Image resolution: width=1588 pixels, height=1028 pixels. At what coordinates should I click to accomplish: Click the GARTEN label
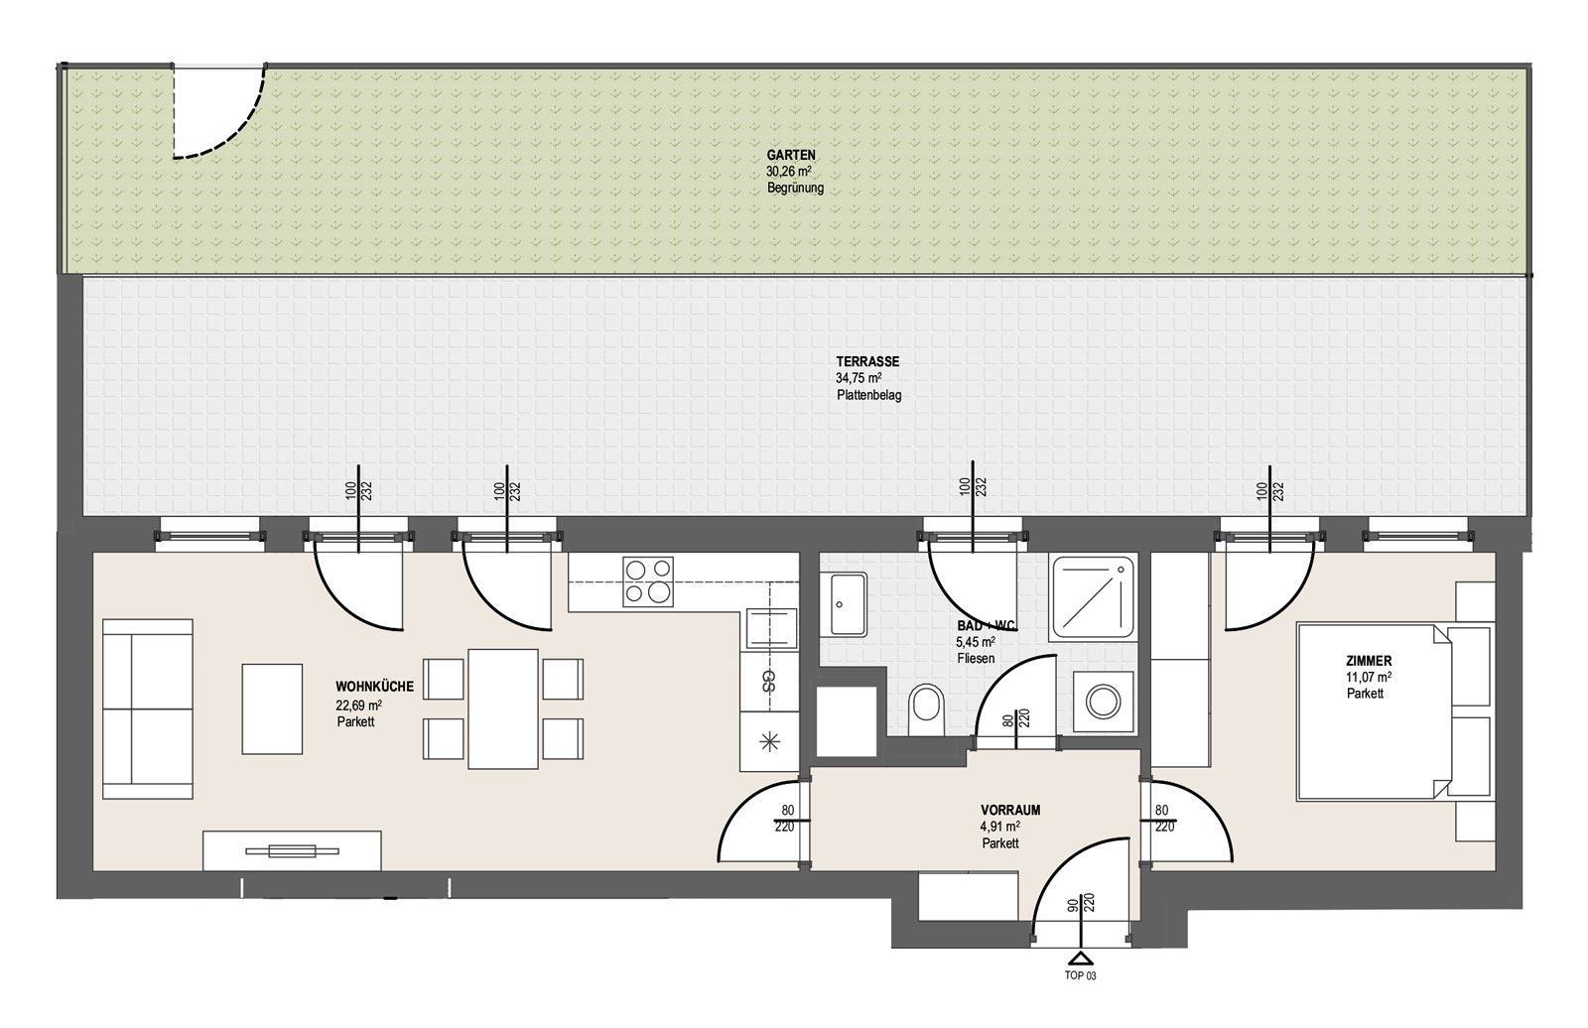790,155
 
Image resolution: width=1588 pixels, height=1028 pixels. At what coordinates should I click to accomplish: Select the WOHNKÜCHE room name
374,687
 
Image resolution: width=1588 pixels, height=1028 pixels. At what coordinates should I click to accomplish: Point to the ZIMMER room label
1369,662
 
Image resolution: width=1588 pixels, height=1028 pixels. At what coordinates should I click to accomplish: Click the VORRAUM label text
1010,810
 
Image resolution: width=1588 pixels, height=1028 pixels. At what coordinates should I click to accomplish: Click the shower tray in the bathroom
1093,597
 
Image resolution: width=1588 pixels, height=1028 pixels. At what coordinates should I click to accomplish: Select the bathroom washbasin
844,604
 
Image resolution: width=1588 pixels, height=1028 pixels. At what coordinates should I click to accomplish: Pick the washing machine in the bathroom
1103,702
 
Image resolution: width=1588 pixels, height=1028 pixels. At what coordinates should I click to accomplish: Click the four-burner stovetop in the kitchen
648,581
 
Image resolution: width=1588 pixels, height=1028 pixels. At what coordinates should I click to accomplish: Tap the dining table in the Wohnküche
502,708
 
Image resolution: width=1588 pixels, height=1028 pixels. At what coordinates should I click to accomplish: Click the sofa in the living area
148,708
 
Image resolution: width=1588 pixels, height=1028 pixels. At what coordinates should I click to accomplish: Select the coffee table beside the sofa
272,708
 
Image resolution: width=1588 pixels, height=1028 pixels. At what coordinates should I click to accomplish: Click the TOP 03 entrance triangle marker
1080,960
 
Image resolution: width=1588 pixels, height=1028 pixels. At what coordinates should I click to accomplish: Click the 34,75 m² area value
859,379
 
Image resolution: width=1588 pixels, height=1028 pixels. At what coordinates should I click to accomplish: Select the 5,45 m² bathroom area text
976,642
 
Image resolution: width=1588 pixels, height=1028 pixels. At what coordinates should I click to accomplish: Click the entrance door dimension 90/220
1081,903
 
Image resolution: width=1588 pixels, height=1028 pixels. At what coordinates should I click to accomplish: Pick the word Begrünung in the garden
795,189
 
